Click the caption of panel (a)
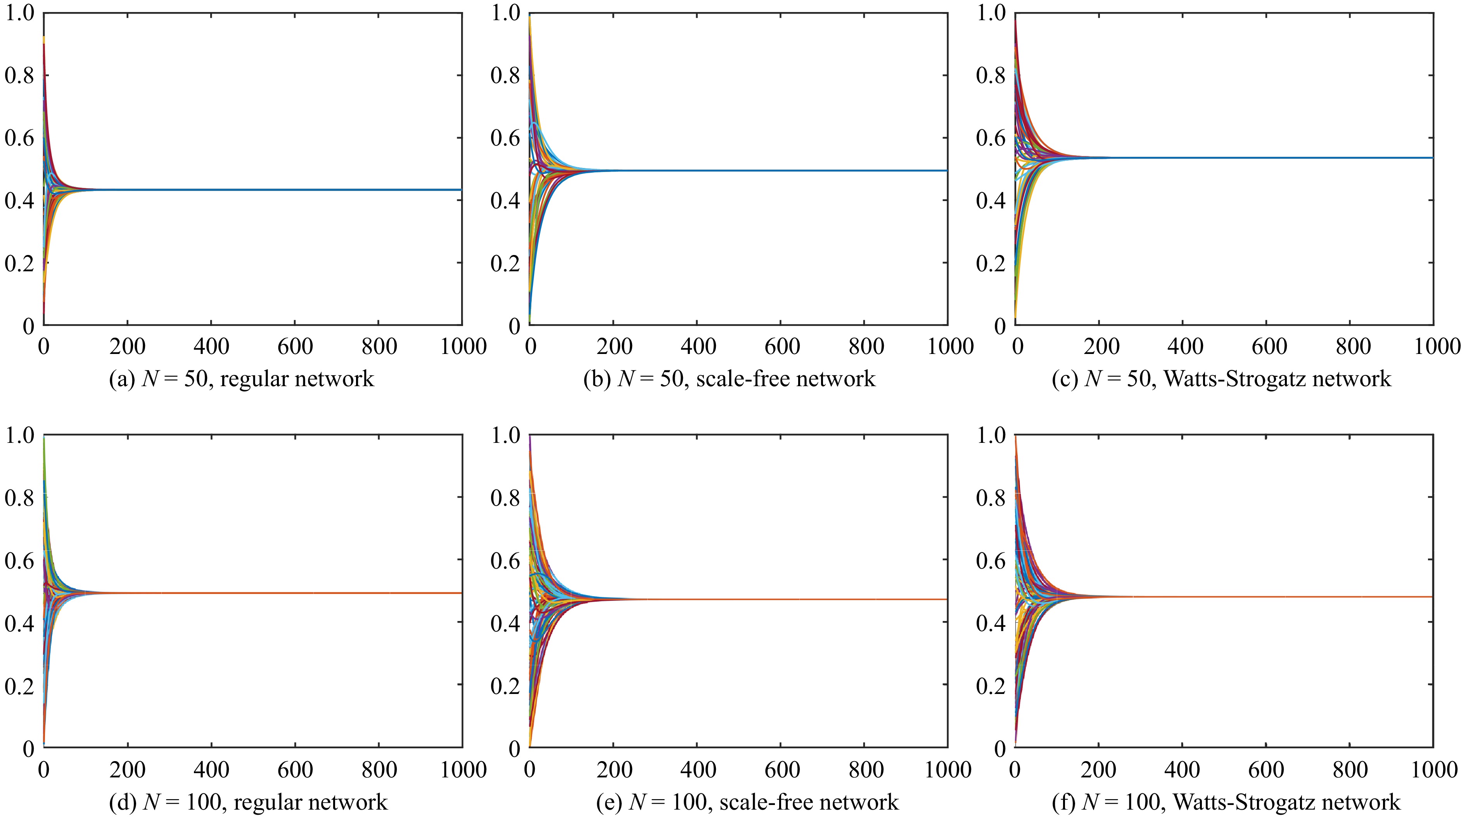(241, 378)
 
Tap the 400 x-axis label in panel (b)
(698, 346)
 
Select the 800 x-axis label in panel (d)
(379, 770)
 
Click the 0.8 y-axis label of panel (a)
(19, 75)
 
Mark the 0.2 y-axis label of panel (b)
(505, 264)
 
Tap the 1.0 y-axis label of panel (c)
(991, 12)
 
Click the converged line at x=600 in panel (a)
(295, 189)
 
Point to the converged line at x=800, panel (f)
(1350, 597)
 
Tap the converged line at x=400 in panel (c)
(1182, 158)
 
